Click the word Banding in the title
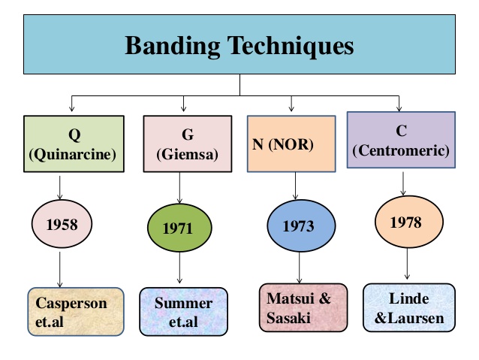pyautogui.click(x=172, y=46)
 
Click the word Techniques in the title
pyautogui.click(x=291, y=46)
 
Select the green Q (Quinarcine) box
pyautogui.click(x=74, y=144)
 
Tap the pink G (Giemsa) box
pyautogui.click(x=188, y=144)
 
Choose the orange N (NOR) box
pyautogui.click(x=291, y=144)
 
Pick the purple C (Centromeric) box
pyautogui.click(x=401, y=140)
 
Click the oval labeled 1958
pyautogui.click(x=62, y=224)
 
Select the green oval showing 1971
pyautogui.click(x=179, y=228)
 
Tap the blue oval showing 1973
pyautogui.click(x=301, y=225)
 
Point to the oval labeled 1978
pyautogui.click(x=408, y=222)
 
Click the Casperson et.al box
pyautogui.click(x=76, y=311)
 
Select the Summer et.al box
pyautogui.click(x=184, y=311)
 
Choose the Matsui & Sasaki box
pyautogui.click(x=303, y=307)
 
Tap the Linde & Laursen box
pyautogui.click(x=409, y=307)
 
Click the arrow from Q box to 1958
pyautogui.click(x=60, y=187)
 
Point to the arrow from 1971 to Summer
pyautogui.click(x=179, y=268)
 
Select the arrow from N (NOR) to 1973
pyautogui.click(x=295, y=186)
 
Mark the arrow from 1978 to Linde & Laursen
pyautogui.click(x=407, y=264)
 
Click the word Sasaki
pyautogui.click(x=288, y=317)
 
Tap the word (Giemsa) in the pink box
pyautogui.click(x=187, y=154)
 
